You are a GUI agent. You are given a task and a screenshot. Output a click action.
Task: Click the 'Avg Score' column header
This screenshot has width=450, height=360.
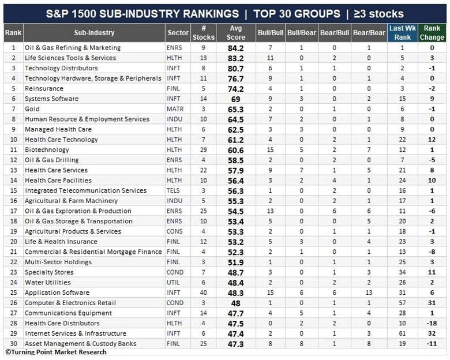coord(235,33)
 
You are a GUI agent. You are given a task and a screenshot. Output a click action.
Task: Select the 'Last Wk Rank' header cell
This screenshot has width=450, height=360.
coord(402,33)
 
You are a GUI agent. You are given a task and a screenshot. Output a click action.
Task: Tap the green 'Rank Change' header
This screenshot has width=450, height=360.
coord(432,33)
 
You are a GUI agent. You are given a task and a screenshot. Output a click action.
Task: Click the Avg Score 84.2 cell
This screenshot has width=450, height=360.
coord(235,48)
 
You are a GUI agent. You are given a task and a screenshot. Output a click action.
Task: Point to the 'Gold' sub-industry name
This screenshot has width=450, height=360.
coord(32,109)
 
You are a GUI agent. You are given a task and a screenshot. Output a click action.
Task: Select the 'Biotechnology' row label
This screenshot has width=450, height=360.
coord(47,150)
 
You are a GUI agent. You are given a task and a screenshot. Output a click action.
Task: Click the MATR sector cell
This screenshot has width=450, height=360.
coord(175,109)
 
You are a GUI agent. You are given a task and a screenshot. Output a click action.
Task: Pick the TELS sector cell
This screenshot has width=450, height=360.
coord(173,190)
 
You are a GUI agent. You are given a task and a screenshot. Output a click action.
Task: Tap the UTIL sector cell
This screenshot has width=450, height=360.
coord(173,283)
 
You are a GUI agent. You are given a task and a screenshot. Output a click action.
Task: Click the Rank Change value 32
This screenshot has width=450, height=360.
coord(432,333)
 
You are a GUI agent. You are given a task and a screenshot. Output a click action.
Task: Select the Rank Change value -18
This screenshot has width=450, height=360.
coord(432,323)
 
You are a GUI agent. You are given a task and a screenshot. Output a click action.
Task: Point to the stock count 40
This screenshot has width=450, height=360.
coord(203,292)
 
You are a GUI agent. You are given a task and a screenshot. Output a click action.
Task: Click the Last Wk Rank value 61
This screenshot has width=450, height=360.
coord(402,333)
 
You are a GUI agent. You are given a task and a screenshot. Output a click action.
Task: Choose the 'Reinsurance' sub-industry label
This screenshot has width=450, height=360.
coord(44,89)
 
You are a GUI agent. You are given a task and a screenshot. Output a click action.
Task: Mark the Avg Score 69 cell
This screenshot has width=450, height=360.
coord(235,99)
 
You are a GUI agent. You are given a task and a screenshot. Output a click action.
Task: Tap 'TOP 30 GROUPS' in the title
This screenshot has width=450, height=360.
coord(297,14)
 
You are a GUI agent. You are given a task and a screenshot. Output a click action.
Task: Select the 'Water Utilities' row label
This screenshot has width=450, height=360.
coord(48,283)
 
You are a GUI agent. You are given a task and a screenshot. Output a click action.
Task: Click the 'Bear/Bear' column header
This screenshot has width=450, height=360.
coord(369,33)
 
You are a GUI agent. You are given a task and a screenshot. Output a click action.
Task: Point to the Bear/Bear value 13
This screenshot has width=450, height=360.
coord(369,292)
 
